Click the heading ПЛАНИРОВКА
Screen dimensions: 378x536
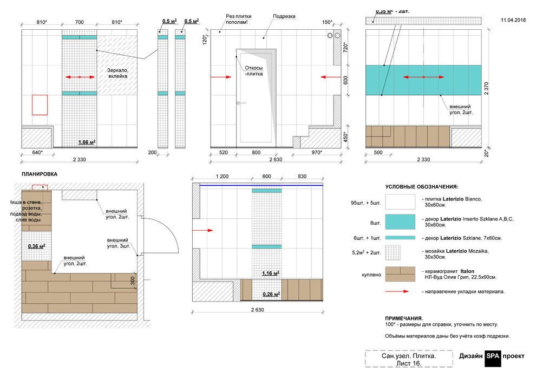point(40,174)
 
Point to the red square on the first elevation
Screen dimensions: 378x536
point(40,105)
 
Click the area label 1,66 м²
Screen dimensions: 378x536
point(87,142)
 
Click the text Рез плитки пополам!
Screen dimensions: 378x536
point(239,19)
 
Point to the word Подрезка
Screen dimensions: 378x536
point(284,16)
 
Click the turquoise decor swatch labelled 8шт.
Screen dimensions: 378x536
point(400,221)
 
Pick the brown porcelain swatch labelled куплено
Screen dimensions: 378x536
point(400,274)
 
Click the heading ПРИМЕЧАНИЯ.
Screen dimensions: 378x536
point(404,318)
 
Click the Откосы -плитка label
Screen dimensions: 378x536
point(254,71)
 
